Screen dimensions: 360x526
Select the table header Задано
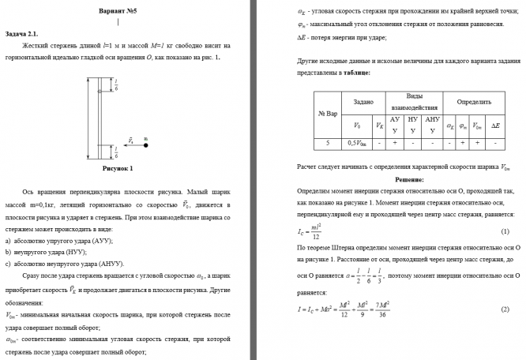coord(363,101)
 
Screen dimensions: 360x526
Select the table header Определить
coord(472,101)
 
